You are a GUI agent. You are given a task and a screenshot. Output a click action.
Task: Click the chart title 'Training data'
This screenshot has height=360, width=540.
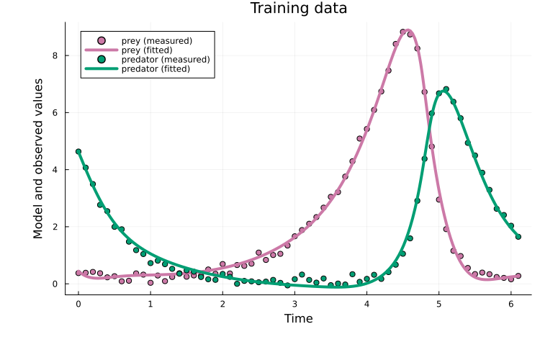click(298, 9)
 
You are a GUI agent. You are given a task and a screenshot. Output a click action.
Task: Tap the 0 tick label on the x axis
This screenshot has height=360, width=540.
click(78, 304)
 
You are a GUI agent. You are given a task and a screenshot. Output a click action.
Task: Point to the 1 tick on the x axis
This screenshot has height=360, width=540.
click(150, 304)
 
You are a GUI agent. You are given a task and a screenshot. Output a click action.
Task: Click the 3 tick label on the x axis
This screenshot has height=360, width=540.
click(294, 304)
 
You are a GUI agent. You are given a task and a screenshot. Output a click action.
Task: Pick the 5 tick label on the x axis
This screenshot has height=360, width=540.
click(438, 304)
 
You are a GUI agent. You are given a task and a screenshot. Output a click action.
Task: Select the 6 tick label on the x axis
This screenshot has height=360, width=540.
click(511, 304)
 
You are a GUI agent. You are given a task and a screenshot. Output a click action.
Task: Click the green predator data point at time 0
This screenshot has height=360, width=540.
click(78, 152)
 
